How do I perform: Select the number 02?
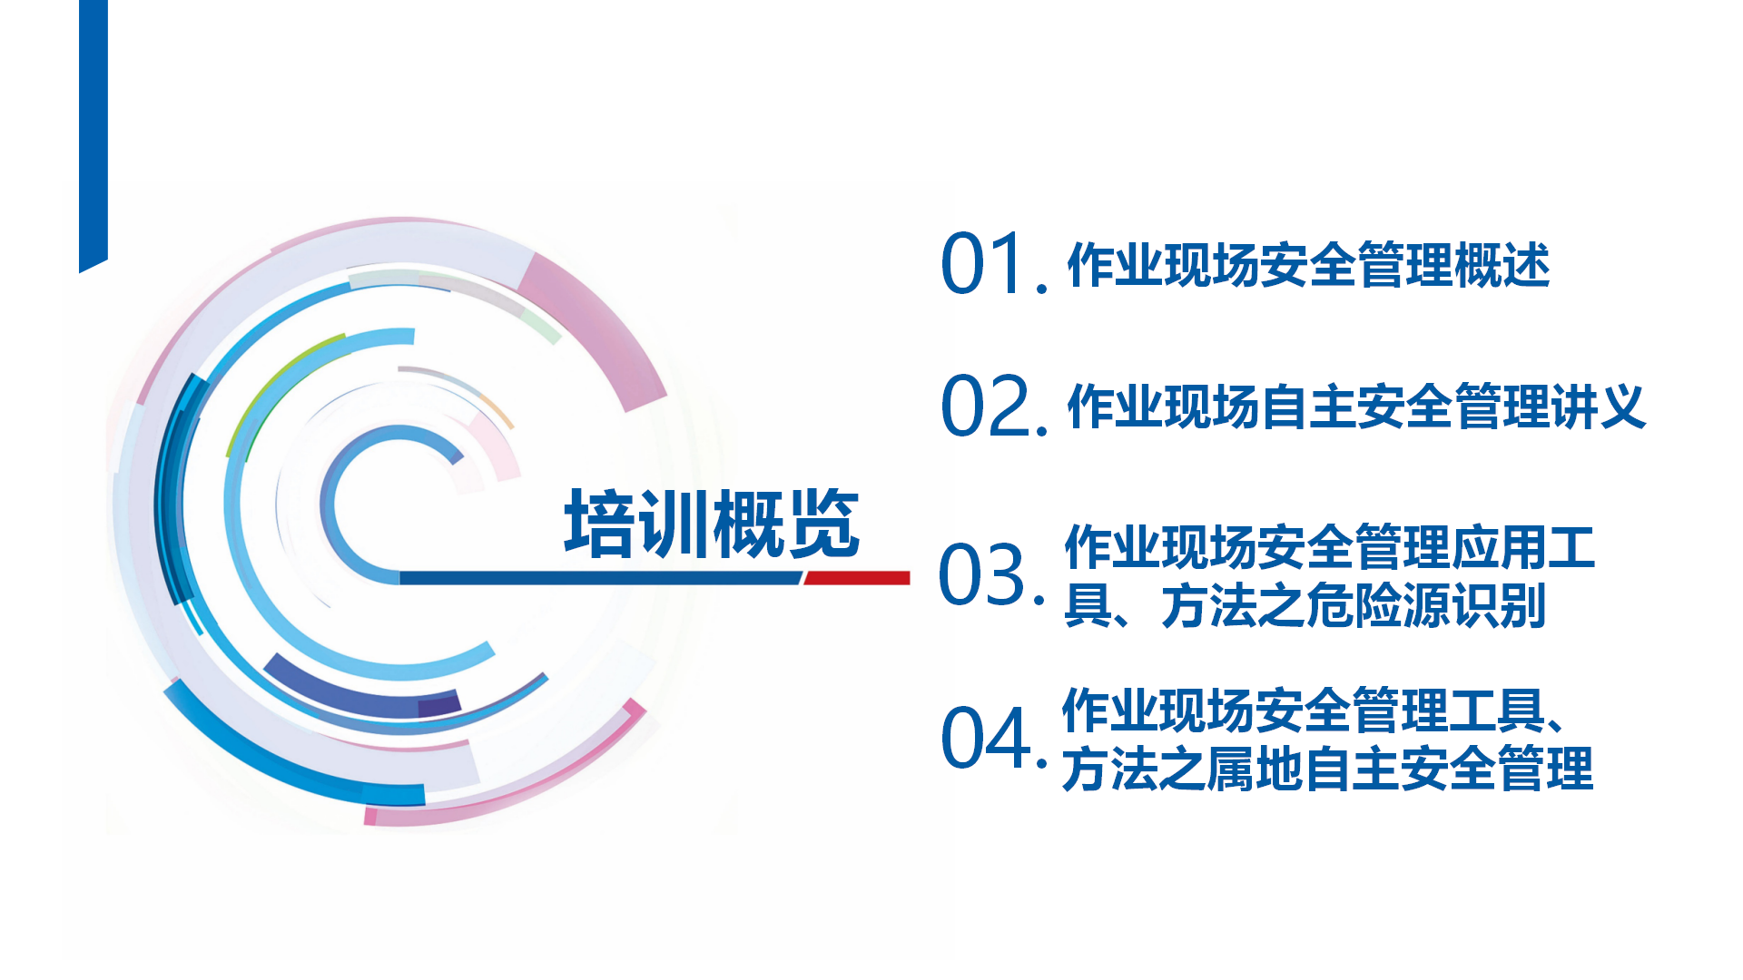(985, 406)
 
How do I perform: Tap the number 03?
(982, 574)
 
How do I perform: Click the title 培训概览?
(712, 524)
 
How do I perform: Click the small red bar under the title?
(857, 578)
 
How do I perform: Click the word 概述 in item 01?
(1502, 265)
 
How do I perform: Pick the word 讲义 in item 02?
(1599, 406)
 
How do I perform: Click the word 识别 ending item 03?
(1499, 605)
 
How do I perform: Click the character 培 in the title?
(600, 524)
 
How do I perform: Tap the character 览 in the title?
(823, 524)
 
